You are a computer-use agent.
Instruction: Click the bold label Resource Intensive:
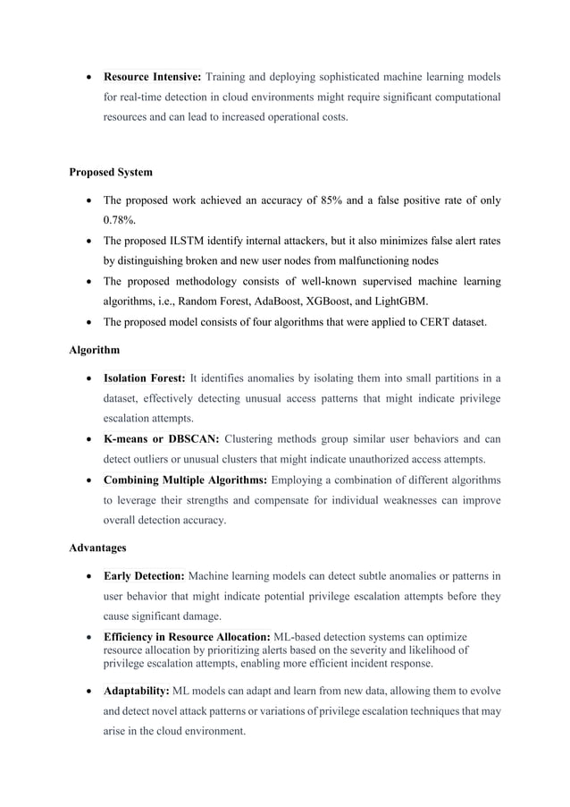[153, 76]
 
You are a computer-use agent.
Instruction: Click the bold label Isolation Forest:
[145, 378]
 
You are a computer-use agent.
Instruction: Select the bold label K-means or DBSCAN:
[162, 438]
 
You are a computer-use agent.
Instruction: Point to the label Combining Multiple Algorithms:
[186, 480]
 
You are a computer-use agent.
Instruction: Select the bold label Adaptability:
[137, 692]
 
